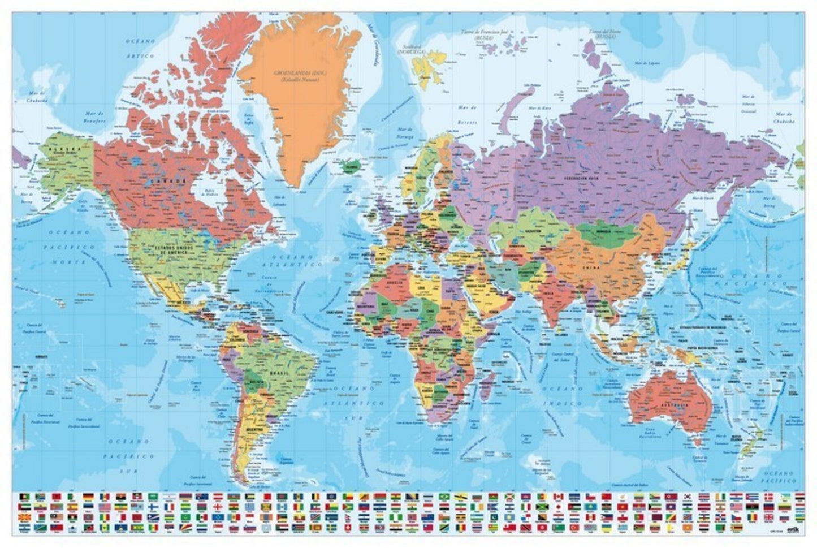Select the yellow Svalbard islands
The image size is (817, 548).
(x=428, y=62)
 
